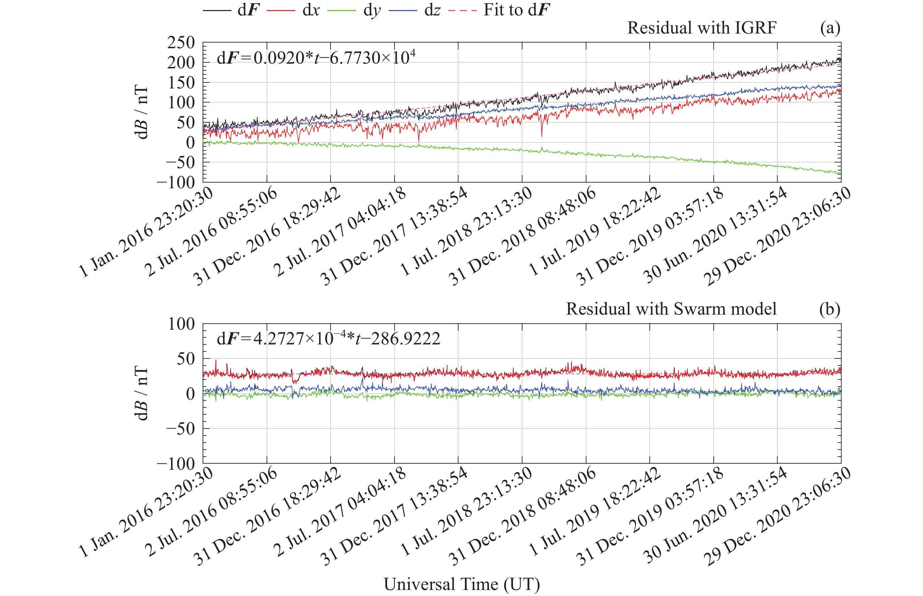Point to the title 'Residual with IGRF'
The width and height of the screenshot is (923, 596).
[701, 28]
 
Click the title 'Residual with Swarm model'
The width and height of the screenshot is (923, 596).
[671, 309]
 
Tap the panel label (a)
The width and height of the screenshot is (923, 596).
[830, 28]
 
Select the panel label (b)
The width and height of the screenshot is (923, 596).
[830, 309]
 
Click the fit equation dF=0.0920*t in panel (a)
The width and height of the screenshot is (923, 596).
[316, 58]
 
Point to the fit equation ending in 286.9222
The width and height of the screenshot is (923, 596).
[328, 339]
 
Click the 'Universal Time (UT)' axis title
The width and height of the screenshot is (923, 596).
[461, 584]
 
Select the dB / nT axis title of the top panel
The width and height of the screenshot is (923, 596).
[141, 112]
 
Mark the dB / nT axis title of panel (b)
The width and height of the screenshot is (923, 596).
[141, 393]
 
